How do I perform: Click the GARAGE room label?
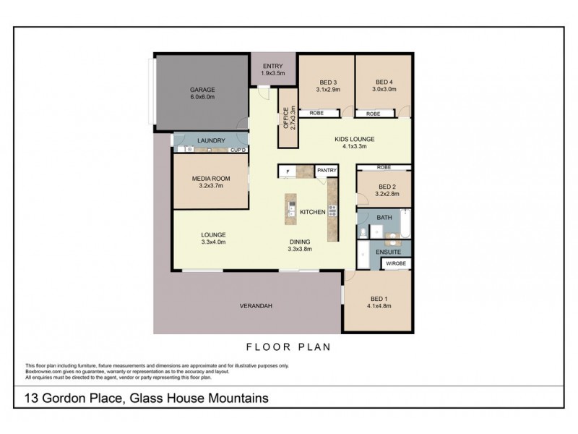point(202,90)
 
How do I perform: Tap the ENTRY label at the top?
point(273,66)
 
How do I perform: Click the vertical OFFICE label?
point(286,117)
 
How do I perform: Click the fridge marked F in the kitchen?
point(288,171)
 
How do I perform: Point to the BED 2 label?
point(386,187)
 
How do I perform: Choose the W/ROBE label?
point(396,263)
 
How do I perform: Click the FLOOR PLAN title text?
point(288,347)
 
